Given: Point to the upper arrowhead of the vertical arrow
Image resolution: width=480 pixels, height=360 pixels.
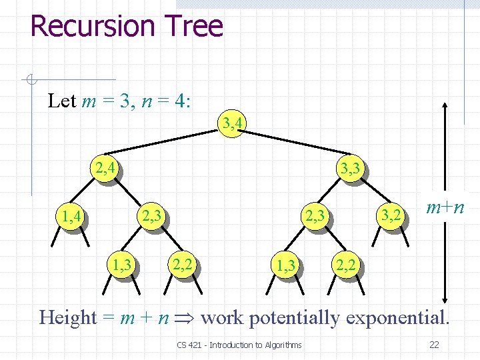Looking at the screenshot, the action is click(x=445, y=105).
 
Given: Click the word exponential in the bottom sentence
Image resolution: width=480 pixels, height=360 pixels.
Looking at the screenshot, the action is click(x=397, y=318).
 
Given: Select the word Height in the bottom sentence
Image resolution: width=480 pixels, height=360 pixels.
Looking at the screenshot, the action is click(x=68, y=318).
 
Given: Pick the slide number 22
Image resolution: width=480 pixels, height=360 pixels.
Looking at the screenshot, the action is click(x=434, y=345).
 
